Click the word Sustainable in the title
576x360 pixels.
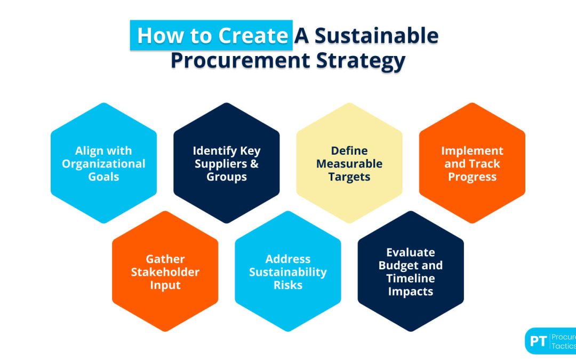pos(376,36)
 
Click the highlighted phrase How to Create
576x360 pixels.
pos(212,36)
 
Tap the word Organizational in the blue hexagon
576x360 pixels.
pos(103,164)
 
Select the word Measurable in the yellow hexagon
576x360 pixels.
pos(349,164)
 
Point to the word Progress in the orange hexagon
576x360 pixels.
pos(472,177)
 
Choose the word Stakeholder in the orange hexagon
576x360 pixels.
pos(165,272)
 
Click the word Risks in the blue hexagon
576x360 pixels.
pos(288,285)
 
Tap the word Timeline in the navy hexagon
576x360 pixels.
pos(411,278)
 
